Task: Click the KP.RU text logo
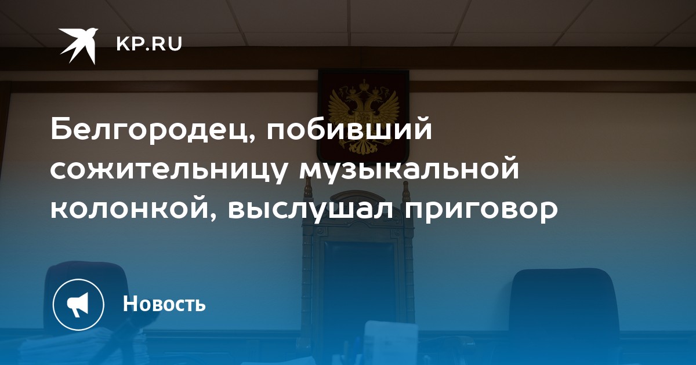pyautogui.click(x=149, y=44)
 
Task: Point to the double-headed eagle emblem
pyautogui.click(x=364, y=117)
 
